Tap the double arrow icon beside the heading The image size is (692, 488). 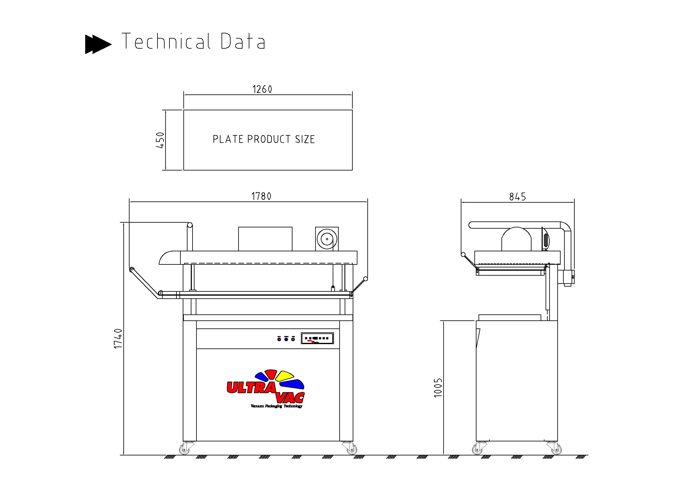tap(98, 44)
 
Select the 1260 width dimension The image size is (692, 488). tap(262, 89)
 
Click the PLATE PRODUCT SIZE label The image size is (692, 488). tap(264, 139)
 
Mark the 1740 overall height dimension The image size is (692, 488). tap(118, 339)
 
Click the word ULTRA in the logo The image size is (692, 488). tap(251, 388)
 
